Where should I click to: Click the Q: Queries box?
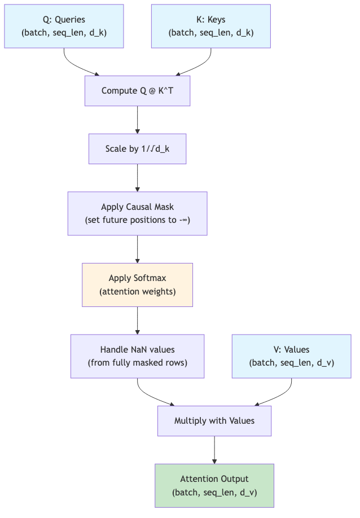click(x=64, y=27)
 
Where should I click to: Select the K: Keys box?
click(x=210, y=27)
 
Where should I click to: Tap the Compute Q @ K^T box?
click(x=137, y=91)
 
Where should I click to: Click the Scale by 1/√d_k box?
click(x=137, y=149)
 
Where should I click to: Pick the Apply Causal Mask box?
click(x=137, y=213)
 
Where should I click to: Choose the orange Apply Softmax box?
click(x=137, y=285)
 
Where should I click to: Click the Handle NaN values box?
click(x=137, y=356)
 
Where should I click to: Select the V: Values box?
click(x=291, y=356)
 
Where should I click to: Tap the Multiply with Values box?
click(x=214, y=421)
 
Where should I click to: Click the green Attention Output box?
click(x=214, y=485)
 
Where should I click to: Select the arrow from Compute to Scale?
click(x=137, y=120)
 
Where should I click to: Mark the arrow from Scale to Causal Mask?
click(x=137, y=178)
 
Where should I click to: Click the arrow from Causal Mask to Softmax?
click(x=137, y=249)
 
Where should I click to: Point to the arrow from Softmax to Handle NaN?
click(x=137, y=321)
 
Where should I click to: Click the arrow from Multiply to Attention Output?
click(x=214, y=450)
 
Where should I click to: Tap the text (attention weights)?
click(x=137, y=292)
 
